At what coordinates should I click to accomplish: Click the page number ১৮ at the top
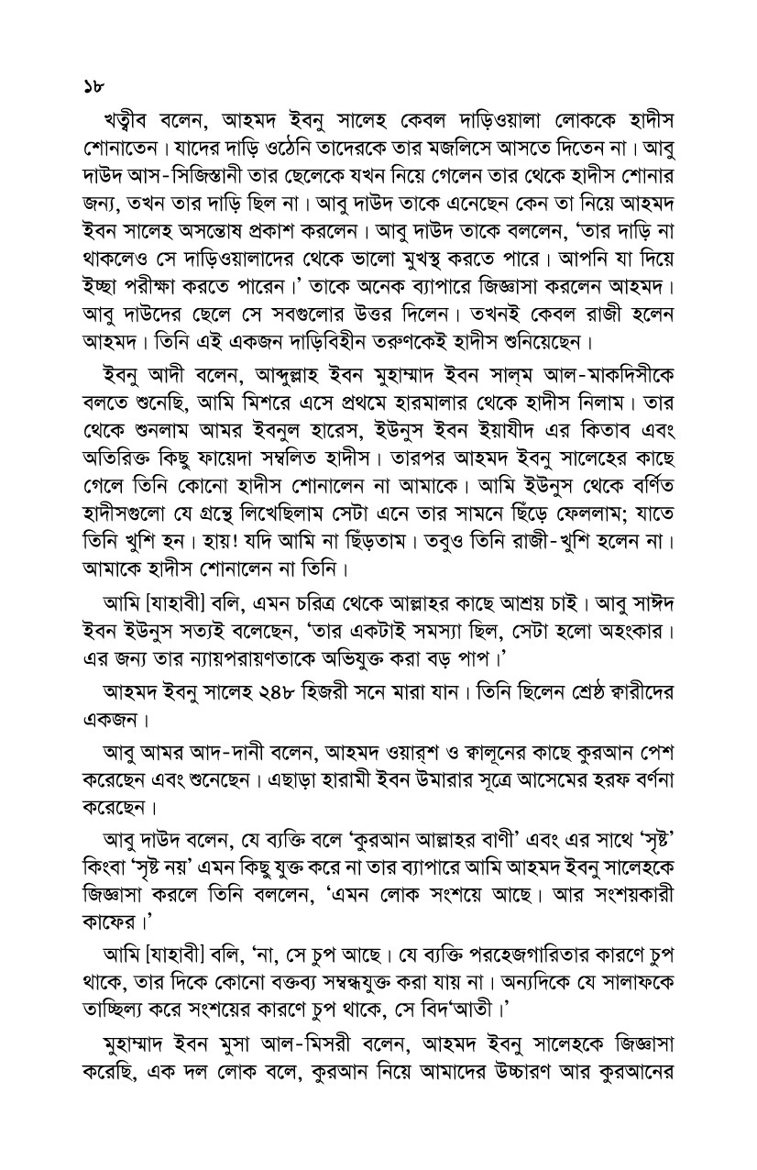(91, 88)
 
